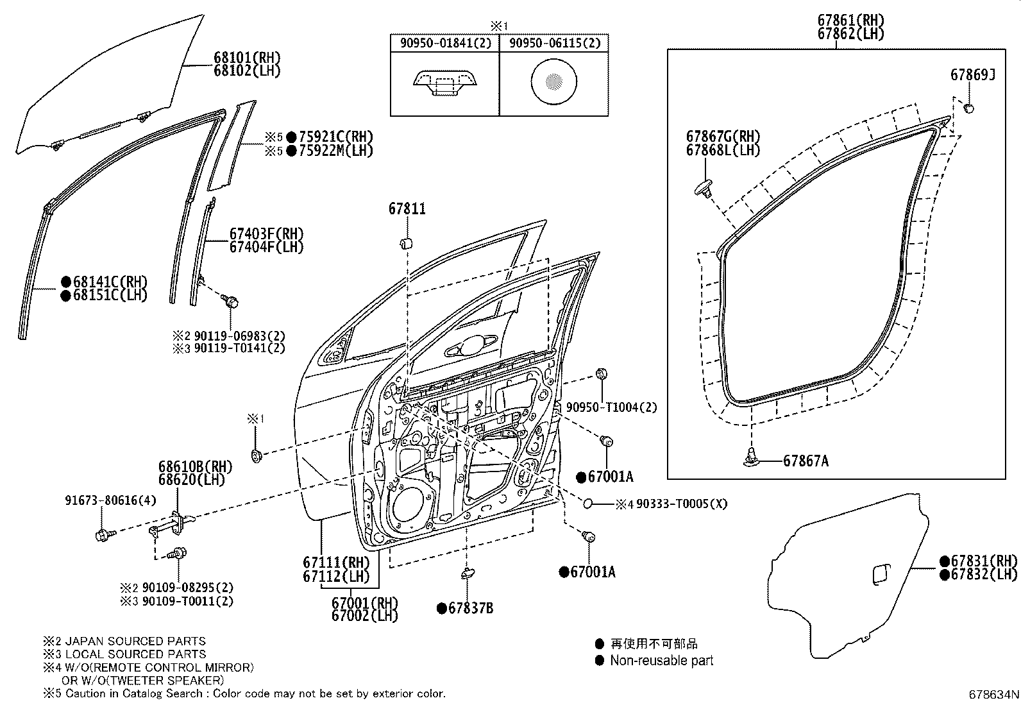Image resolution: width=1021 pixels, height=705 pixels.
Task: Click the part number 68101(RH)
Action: (247, 58)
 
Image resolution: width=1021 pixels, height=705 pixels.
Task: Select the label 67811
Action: (407, 209)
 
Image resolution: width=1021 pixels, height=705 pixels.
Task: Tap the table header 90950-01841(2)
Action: (444, 43)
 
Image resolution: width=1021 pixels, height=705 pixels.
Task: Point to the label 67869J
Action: (972, 75)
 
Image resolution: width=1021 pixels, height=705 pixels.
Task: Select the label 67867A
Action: (806, 461)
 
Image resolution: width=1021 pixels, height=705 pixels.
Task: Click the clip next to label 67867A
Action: (752, 457)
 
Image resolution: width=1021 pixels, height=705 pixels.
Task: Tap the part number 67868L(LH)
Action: (723, 151)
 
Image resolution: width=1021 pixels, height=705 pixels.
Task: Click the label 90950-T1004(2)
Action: (611, 408)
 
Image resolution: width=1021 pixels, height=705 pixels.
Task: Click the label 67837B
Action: (471, 609)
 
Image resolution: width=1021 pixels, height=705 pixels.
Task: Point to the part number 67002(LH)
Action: (364, 616)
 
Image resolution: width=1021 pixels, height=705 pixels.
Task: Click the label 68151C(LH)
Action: (110, 296)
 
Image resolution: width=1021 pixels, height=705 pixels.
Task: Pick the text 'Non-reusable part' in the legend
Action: (661, 661)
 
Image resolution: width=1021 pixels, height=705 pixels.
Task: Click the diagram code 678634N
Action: (993, 695)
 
